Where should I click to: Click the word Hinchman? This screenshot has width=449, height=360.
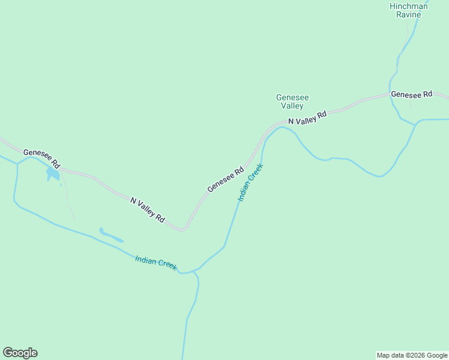tap(408, 6)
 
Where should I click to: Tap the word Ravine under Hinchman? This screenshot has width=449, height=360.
tap(408, 14)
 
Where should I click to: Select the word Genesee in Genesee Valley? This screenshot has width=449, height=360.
tap(289, 97)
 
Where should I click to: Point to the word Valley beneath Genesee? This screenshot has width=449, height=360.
tap(292, 106)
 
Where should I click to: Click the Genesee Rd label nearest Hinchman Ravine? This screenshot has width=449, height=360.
tap(411, 94)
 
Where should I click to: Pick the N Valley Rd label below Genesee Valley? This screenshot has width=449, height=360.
tap(307, 117)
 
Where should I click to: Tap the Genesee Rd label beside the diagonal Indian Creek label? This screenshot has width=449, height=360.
tap(225, 179)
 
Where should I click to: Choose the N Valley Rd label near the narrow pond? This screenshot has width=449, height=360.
tap(147, 209)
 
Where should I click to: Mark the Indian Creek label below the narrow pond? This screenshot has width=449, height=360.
tap(156, 263)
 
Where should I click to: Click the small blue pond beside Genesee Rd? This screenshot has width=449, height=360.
tap(52, 174)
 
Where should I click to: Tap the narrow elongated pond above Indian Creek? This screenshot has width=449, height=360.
tap(110, 235)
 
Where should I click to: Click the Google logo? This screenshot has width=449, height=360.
tap(20, 353)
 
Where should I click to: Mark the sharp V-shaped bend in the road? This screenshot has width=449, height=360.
tap(184, 229)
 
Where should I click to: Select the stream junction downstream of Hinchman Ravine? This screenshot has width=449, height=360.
tap(415, 124)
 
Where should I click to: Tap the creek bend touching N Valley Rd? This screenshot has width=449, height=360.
tap(280, 127)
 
